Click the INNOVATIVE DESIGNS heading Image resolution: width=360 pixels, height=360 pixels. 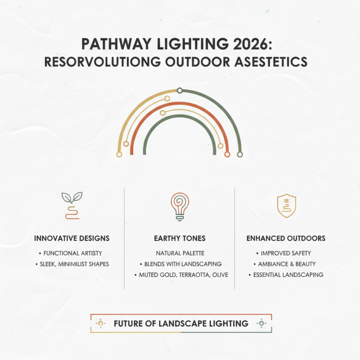(x=72, y=238)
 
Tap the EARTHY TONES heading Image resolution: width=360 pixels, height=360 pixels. (x=180, y=238)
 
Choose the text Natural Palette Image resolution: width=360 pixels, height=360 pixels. (x=180, y=253)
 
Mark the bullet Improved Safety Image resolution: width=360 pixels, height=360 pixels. (x=287, y=253)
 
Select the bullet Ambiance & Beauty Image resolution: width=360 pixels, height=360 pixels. (x=287, y=264)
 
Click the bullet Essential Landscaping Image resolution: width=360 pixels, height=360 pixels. (x=287, y=274)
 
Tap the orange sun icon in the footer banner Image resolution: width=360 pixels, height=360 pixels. (x=100, y=323)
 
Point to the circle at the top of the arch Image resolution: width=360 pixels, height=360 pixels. (x=180, y=90)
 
